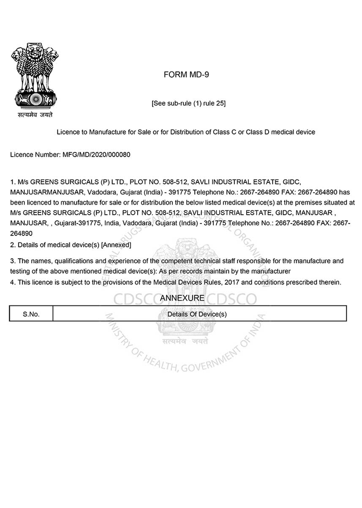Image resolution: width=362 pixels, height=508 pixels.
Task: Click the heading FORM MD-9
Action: [186, 75]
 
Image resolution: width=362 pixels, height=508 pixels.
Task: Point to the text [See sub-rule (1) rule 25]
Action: [188, 103]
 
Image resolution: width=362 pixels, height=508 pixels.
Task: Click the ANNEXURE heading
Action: [182, 298]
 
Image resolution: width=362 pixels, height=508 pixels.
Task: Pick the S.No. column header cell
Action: [31, 314]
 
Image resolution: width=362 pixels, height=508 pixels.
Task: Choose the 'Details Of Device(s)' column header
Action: [197, 314]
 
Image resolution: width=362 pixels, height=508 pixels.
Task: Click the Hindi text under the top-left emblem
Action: [35, 115]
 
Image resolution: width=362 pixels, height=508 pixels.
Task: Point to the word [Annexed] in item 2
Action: [116, 245]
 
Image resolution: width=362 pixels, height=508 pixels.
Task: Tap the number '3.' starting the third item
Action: [13, 261]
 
